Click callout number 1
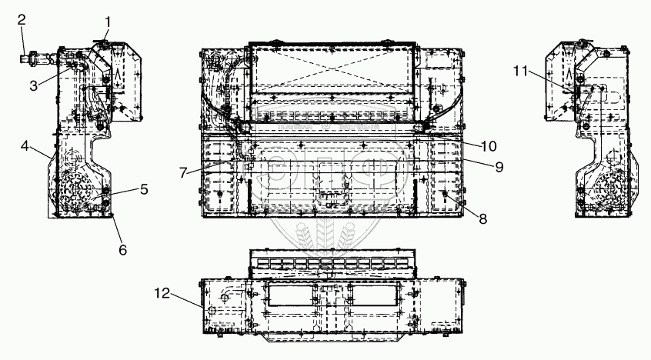pos(108,22)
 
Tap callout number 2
pos(22,18)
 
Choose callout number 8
pos(483,218)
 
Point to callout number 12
pos(161,292)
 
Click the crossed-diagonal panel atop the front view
pos(332,65)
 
